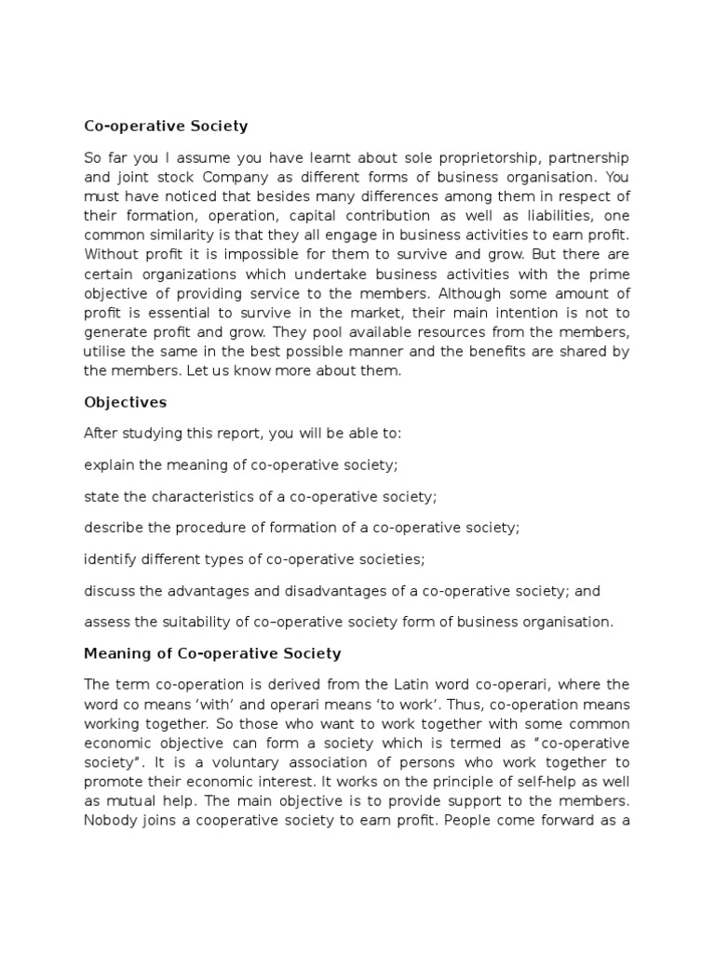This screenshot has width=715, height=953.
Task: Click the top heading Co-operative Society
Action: tap(166, 126)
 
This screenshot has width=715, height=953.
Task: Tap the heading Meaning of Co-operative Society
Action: tap(212, 653)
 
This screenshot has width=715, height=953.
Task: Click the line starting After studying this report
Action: tap(242, 434)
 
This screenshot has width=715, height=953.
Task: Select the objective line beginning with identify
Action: tap(268, 558)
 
